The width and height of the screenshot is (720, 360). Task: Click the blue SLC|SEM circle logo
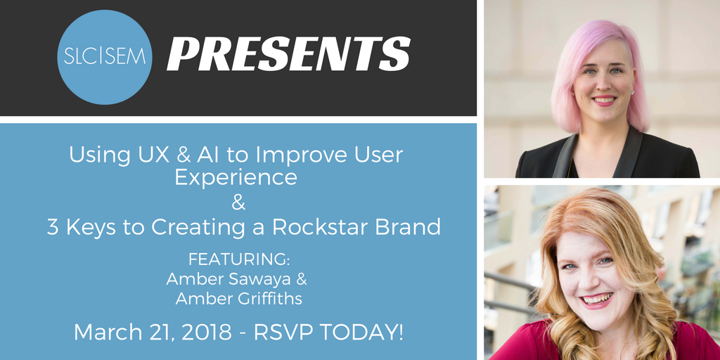(105, 57)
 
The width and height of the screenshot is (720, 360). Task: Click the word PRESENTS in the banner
(288, 53)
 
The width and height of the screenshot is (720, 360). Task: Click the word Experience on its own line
(236, 178)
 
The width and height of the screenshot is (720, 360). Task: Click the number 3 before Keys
(53, 227)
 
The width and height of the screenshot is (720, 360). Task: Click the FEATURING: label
(239, 259)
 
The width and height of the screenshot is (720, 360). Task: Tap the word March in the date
(102, 333)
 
